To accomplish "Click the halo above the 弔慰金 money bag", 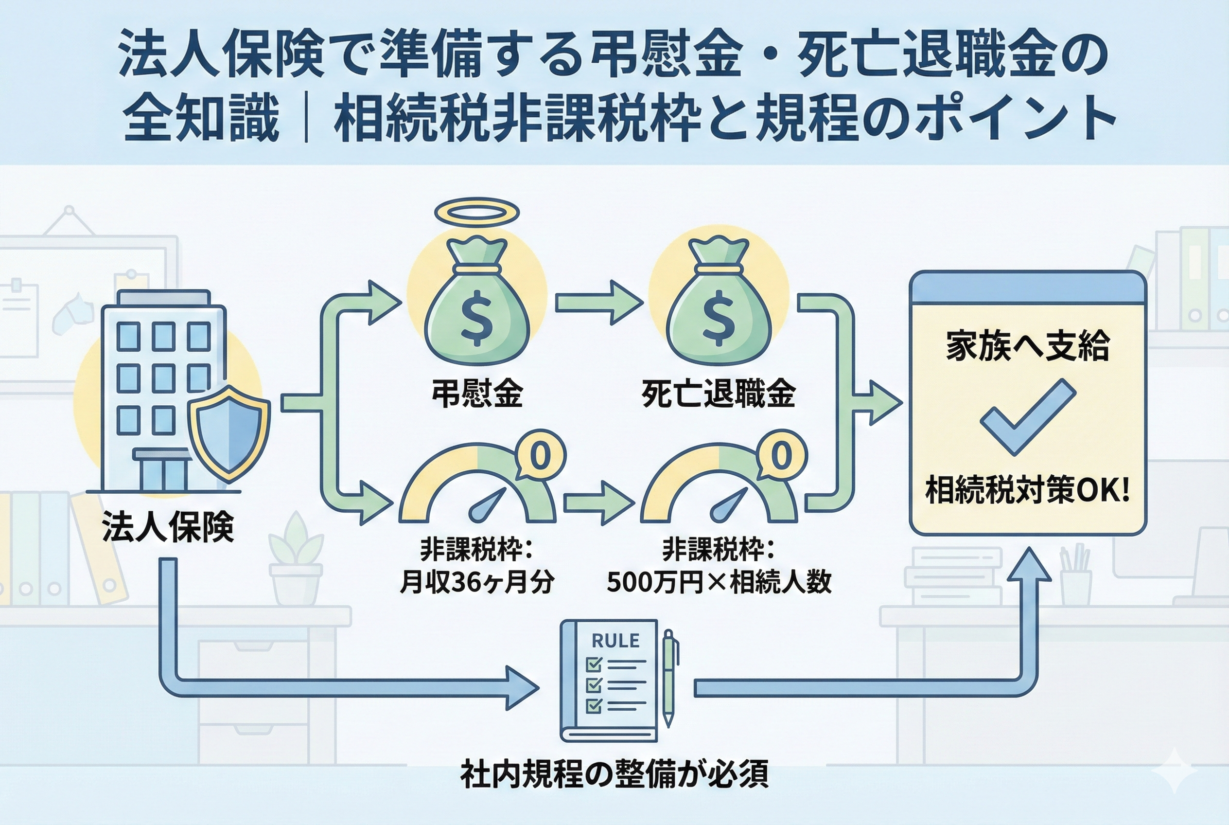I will click(476, 213).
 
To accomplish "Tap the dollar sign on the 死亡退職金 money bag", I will click(719, 321).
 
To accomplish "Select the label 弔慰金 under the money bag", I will click(477, 393).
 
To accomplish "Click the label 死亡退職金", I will click(719, 393).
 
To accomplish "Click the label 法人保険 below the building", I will click(168, 527).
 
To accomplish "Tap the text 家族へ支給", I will click(1027, 346).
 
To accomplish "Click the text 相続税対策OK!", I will click(1027, 489).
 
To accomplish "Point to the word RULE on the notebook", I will click(615, 640).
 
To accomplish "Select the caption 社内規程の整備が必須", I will click(614, 774).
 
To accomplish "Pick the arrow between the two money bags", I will click(599, 303).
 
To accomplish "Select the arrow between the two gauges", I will click(599, 502).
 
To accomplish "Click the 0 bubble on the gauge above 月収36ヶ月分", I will click(541, 456).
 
